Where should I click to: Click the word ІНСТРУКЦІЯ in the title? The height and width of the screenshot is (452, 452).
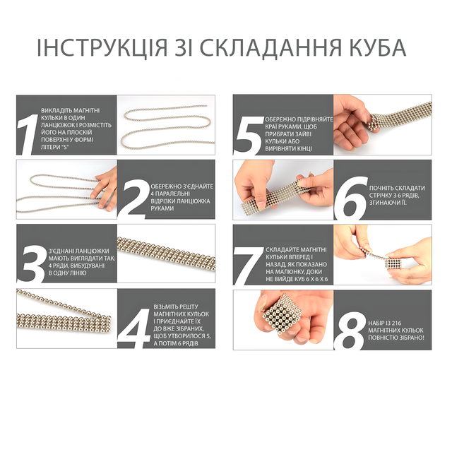coord(102,47)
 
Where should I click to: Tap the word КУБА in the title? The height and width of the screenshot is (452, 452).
coord(378,47)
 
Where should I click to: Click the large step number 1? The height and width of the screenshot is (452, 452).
coord(28,134)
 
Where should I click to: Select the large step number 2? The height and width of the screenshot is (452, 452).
coord(136,199)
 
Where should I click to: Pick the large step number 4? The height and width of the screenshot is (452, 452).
coord(135,328)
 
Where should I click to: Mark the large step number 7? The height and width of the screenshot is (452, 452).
coord(249,266)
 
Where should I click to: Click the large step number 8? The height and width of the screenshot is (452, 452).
coord(350,331)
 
